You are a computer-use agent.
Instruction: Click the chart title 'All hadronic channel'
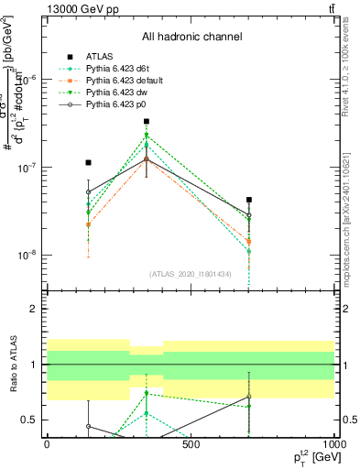point(191,38)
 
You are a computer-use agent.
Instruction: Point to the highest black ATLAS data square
point(147,121)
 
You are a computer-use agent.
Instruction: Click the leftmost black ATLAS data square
point(88,162)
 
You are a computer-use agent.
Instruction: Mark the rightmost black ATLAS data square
point(249,199)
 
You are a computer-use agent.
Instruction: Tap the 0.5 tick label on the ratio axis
point(29,420)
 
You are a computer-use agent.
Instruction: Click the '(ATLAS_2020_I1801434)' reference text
point(190,274)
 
